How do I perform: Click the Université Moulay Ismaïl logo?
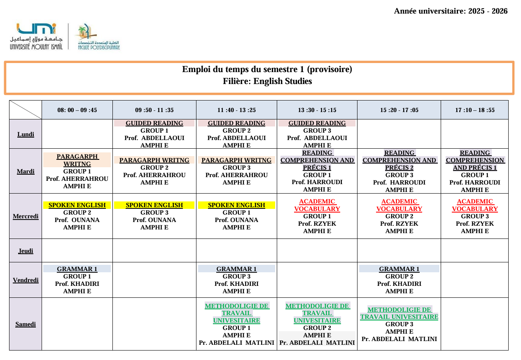click(x=36, y=37)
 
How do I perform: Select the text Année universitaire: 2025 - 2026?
click(x=451, y=11)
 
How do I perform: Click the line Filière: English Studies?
click(x=267, y=81)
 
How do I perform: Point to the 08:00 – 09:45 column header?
click(x=77, y=110)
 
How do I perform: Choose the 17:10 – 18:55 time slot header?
click(x=474, y=110)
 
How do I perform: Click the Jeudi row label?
click(x=26, y=251)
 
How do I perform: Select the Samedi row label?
click(x=26, y=324)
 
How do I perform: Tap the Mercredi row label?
click(x=26, y=216)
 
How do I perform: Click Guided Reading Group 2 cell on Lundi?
click(x=236, y=134)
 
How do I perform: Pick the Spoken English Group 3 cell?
click(x=154, y=216)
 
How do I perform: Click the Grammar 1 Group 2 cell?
click(x=399, y=280)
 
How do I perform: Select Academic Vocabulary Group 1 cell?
click(x=317, y=216)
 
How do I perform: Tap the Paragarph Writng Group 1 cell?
click(x=77, y=171)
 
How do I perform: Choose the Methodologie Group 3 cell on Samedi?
click(x=399, y=324)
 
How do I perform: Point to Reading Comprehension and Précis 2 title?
click(x=399, y=160)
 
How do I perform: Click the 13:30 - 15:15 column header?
click(x=317, y=110)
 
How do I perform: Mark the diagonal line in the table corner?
click(x=26, y=110)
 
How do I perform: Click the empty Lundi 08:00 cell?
click(x=77, y=134)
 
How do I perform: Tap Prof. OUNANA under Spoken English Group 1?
click(x=236, y=220)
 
